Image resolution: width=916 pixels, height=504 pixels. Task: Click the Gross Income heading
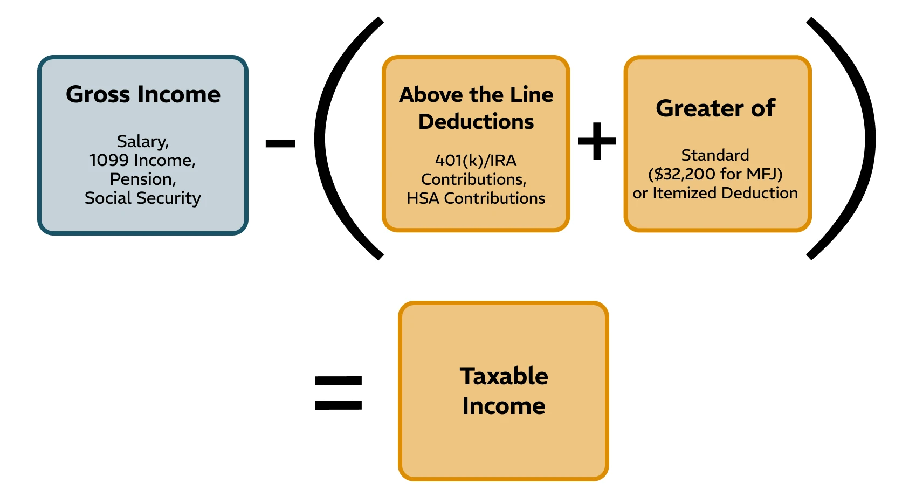pyautogui.click(x=143, y=95)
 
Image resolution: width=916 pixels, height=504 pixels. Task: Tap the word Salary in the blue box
pyautogui.click(x=142, y=141)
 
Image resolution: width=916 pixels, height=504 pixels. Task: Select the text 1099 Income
pyautogui.click(x=142, y=160)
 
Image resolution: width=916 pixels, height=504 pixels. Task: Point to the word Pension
pyautogui.click(x=142, y=179)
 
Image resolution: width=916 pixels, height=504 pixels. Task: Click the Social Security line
pyautogui.click(x=142, y=198)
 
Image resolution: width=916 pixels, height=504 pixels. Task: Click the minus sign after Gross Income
pyautogui.click(x=280, y=143)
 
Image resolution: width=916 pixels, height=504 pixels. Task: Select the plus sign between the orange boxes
pyautogui.click(x=597, y=141)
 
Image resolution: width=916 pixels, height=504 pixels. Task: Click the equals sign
pyautogui.click(x=338, y=392)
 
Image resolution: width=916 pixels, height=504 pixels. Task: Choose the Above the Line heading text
pyautogui.click(x=476, y=95)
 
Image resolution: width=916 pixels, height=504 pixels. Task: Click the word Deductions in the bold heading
pyautogui.click(x=476, y=122)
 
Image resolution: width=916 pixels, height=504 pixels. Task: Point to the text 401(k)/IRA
pyautogui.click(x=476, y=160)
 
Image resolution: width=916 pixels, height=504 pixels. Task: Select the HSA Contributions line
pyautogui.click(x=476, y=198)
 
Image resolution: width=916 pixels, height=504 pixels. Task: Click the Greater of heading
pyautogui.click(x=715, y=108)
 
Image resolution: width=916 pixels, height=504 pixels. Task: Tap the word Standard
pyautogui.click(x=715, y=155)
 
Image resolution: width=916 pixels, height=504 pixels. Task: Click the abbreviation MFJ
pyautogui.click(x=761, y=174)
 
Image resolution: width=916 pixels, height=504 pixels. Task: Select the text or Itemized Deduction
pyautogui.click(x=715, y=193)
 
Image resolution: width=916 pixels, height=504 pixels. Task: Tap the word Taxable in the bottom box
pyautogui.click(x=504, y=376)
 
